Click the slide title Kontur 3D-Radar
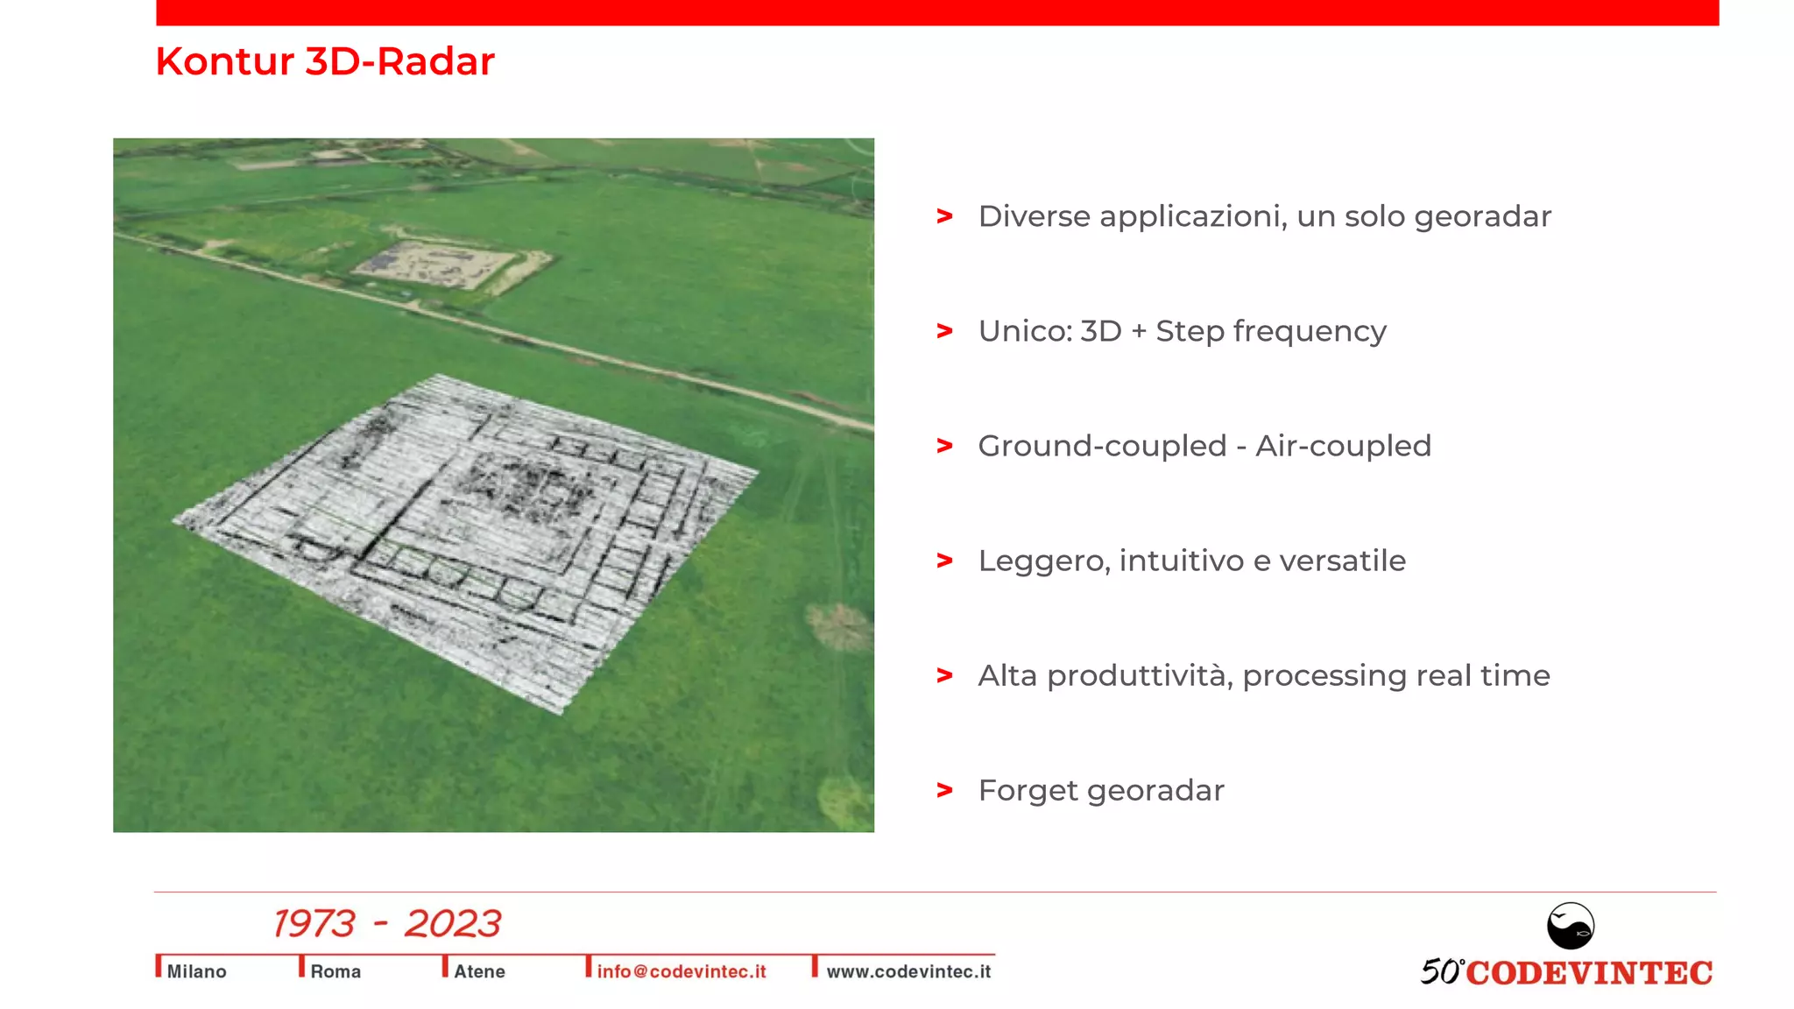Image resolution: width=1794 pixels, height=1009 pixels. point(325,61)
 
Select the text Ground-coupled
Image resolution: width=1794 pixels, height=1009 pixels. point(1101,446)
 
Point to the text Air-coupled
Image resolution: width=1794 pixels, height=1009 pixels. point(1343,446)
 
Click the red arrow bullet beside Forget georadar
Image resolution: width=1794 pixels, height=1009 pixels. point(944,790)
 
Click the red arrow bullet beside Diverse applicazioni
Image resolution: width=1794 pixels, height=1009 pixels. point(944,215)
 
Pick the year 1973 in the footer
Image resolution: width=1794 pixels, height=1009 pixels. point(314,924)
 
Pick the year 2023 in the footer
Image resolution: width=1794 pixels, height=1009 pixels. point(453,924)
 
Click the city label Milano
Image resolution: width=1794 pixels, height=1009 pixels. point(196,971)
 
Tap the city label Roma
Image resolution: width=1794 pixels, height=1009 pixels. point(335,971)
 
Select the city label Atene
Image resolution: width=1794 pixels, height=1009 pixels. point(479,971)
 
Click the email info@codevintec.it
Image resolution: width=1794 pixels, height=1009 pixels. point(682,971)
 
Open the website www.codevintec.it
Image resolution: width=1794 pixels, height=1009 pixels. point(908,971)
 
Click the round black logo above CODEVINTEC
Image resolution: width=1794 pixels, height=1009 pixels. point(1570,926)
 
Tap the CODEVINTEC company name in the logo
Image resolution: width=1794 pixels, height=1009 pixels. point(1588,973)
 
